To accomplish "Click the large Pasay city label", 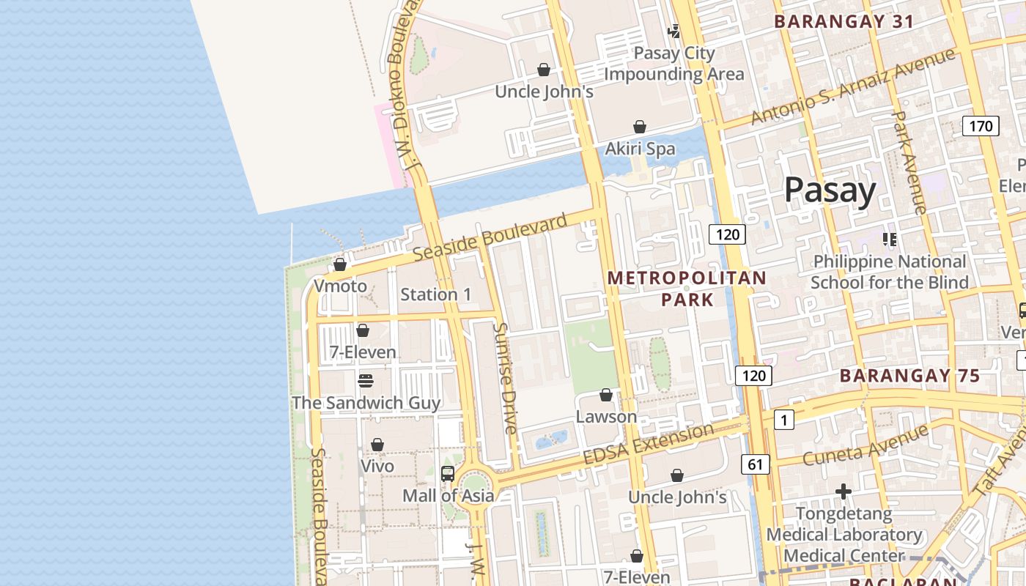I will coord(830,190).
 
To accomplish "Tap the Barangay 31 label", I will coord(844,21).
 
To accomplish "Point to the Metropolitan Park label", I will coord(687,289).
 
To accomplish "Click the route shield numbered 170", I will coord(981,126).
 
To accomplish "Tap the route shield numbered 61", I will coord(756,463).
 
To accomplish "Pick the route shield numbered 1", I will coord(784,420).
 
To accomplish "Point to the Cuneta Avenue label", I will coord(865,445).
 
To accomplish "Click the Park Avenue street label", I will coord(909,161).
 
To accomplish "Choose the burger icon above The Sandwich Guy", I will coord(365,381).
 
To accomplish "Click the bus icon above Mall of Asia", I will coord(448,474).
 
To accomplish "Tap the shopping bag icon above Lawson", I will coord(606,396).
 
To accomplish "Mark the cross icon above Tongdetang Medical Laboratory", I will coord(844,491).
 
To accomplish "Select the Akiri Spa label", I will coord(640,149).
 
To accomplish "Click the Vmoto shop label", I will coord(340,286).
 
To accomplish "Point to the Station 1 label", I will coord(436,294).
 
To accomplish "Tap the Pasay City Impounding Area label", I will coord(673,63).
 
